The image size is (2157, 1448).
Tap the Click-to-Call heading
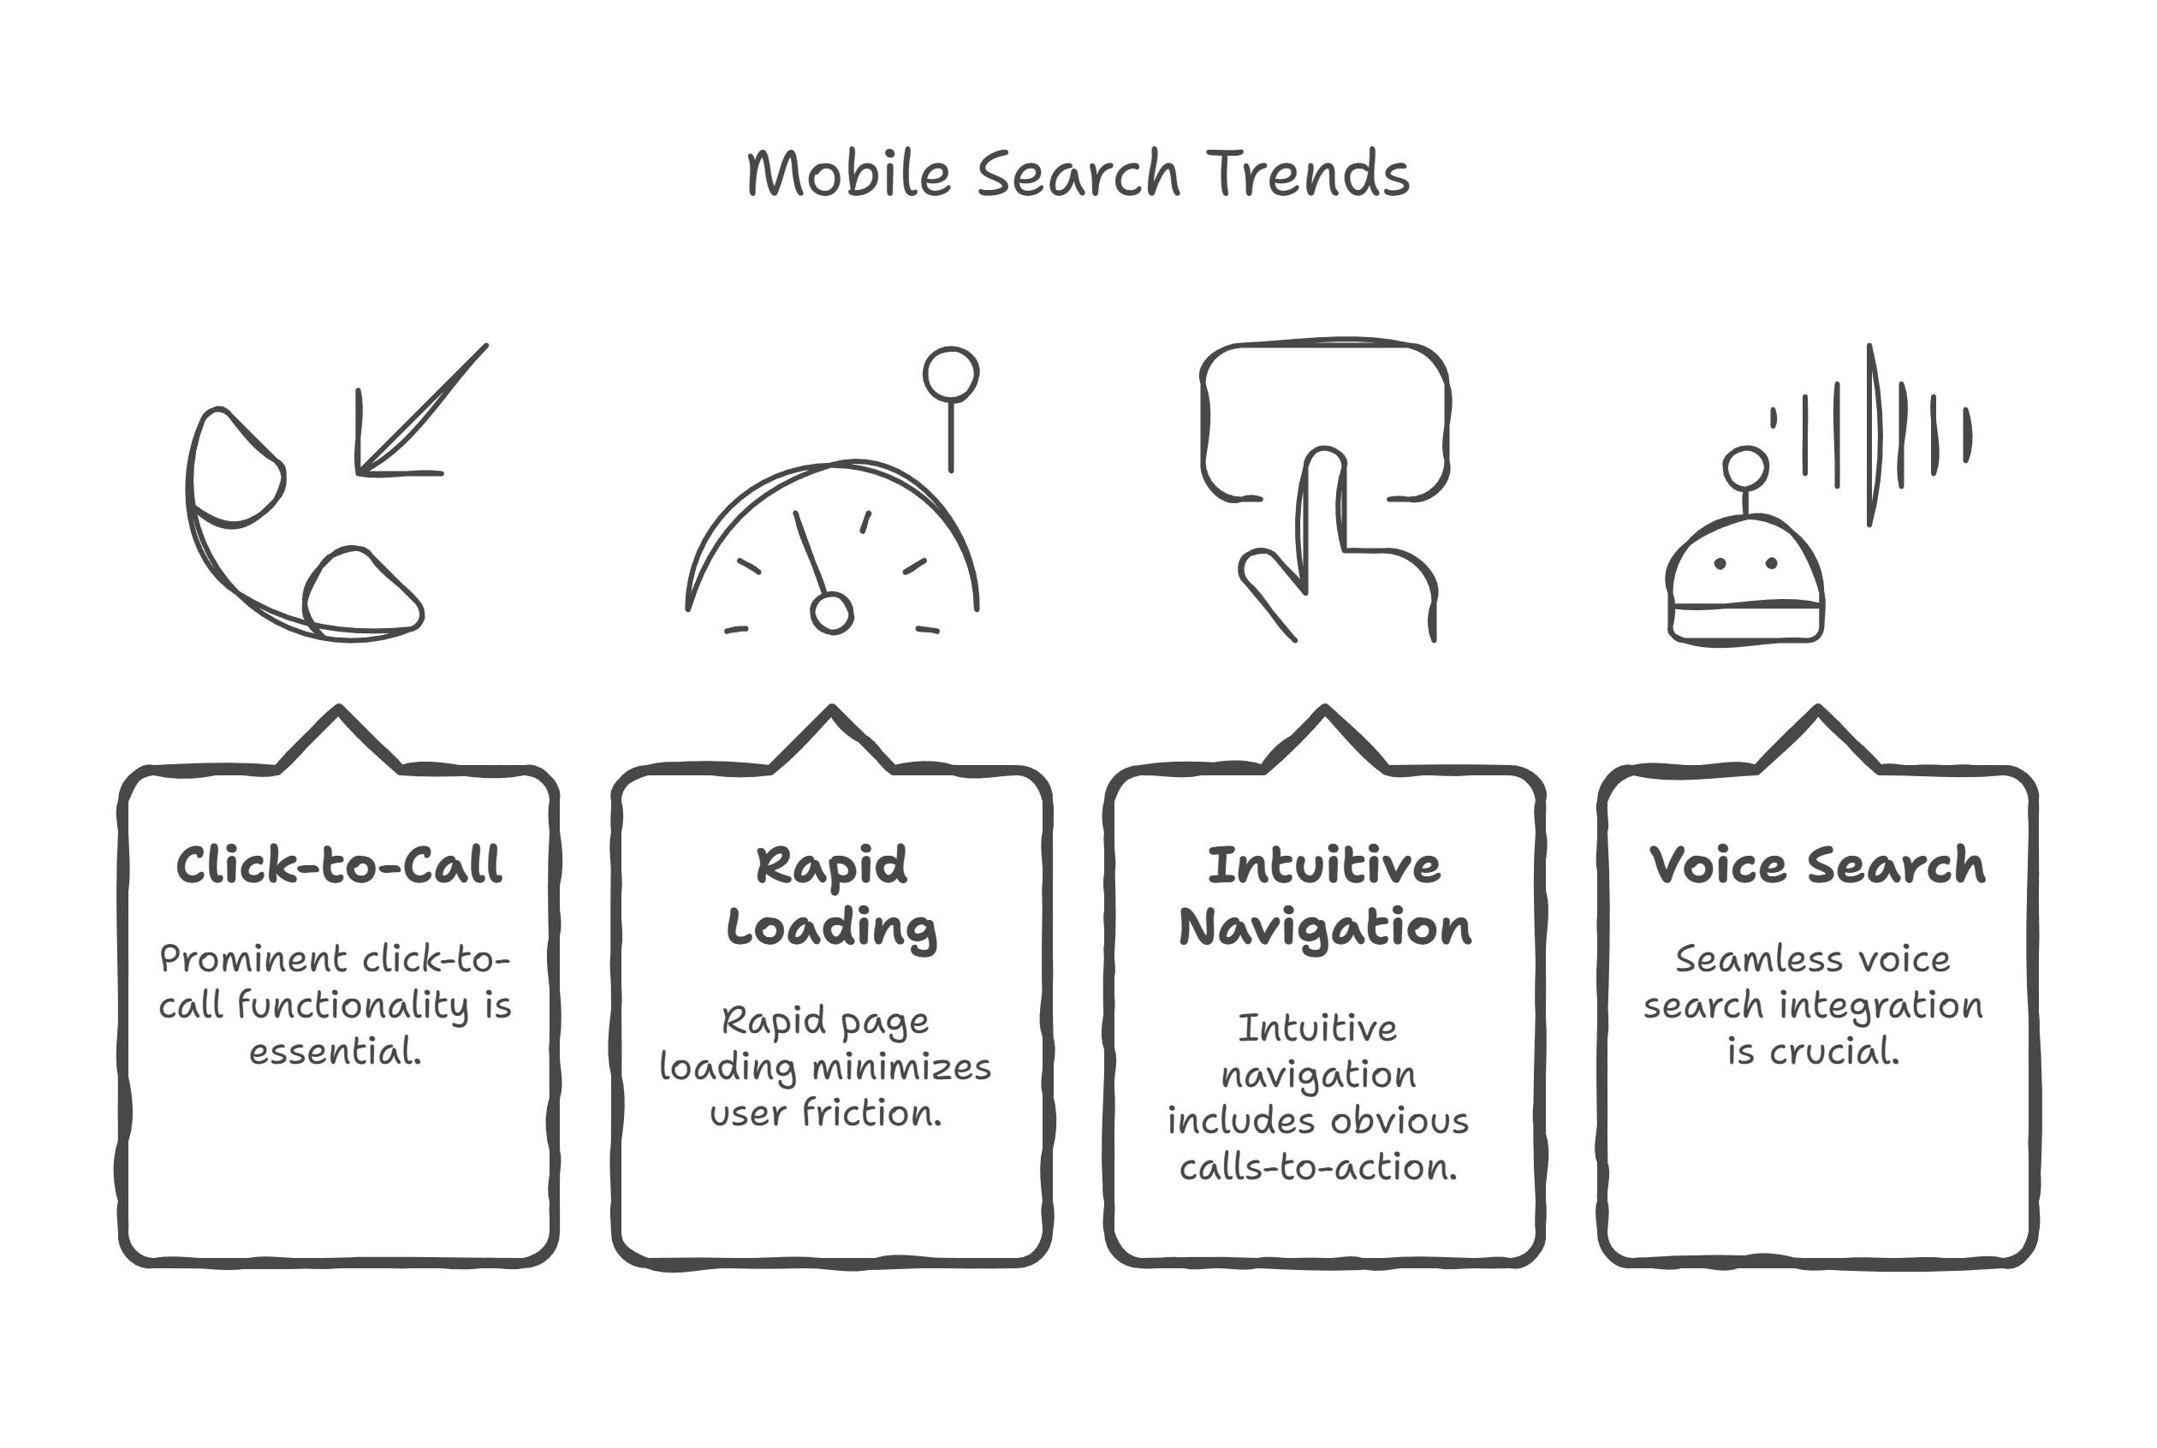pyautogui.click(x=339, y=865)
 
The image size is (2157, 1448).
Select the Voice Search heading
pyautogui.click(x=1817, y=865)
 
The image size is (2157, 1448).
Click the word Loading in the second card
pyautogui.click(x=831, y=928)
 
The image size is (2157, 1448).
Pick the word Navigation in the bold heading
pyautogui.click(x=1325, y=928)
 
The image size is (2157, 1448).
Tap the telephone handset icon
pyautogui.click(x=304, y=524)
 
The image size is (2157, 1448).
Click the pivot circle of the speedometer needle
pyautogui.click(x=831, y=614)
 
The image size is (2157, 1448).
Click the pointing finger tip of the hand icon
pyautogui.click(x=1325, y=459)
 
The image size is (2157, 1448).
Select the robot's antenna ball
pyautogui.click(x=1745, y=469)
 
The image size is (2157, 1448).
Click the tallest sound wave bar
pyautogui.click(x=1872, y=435)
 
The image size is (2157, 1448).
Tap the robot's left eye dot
pyautogui.click(x=1720, y=564)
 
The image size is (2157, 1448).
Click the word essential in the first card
pyautogui.click(x=336, y=1052)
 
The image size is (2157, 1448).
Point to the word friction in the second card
pyautogui.click(x=871, y=1113)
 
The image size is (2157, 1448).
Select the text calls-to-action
pyautogui.click(x=1318, y=1167)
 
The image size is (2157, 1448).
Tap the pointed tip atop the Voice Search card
pyautogui.click(x=1817, y=709)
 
